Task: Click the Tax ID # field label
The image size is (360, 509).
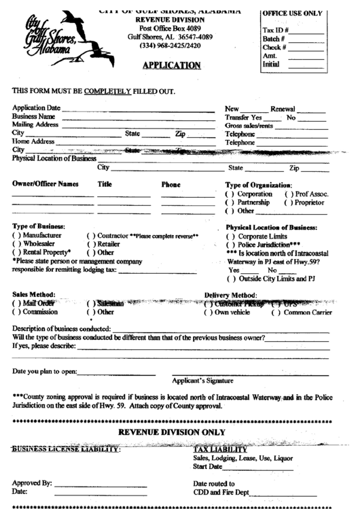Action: point(275,31)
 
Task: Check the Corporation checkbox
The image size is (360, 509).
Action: point(229,194)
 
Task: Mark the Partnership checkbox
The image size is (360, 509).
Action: point(229,203)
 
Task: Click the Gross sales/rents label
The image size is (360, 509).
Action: point(249,126)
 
